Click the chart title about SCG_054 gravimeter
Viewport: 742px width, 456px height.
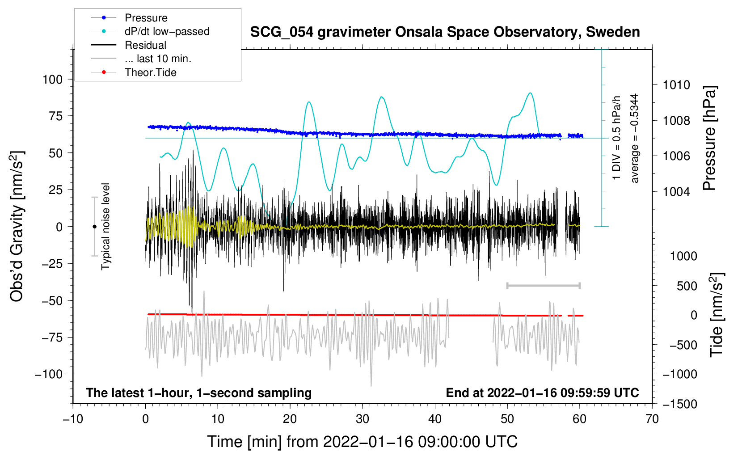(x=445, y=32)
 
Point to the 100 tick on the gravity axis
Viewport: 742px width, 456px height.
(x=52, y=80)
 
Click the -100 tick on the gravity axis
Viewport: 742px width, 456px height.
(x=49, y=374)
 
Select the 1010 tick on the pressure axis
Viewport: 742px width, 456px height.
(x=676, y=85)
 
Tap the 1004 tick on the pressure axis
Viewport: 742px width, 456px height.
(x=676, y=192)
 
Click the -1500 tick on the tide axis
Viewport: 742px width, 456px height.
(x=679, y=404)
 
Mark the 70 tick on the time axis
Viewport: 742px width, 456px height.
(x=652, y=419)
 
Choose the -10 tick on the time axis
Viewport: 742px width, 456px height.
(x=73, y=419)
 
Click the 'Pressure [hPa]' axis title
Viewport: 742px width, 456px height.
(x=709, y=139)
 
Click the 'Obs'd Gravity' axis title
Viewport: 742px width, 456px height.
(x=17, y=226)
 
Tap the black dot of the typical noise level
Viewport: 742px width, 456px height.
(x=94, y=227)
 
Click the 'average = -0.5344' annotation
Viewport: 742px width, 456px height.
(x=635, y=138)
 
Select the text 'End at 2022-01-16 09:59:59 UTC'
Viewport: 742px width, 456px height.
(x=542, y=393)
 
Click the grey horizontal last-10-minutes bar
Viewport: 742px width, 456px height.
(x=543, y=285)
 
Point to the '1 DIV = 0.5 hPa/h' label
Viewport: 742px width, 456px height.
(x=617, y=138)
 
